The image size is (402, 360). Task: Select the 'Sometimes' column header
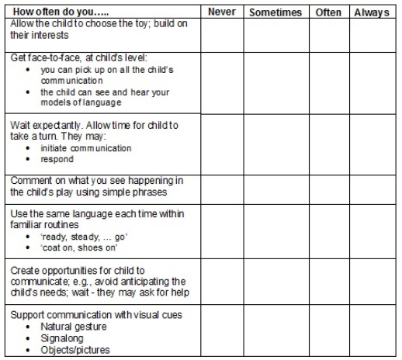pyautogui.click(x=276, y=13)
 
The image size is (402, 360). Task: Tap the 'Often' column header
pyautogui.click(x=328, y=13)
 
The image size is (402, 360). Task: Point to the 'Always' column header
pyautogui.click(x=372, y=13)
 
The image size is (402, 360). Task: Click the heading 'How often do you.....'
pyautogui.click(x=51, y=12)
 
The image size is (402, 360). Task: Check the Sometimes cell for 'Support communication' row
pyautogui.click(x=276, y=331)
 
